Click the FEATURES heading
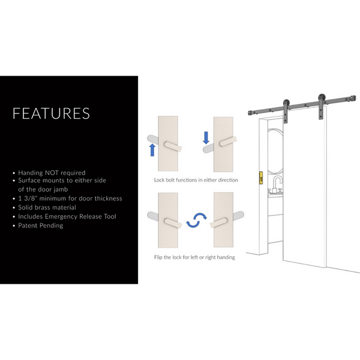click(x=51, y=113)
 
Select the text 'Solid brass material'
click(x=47, y=207)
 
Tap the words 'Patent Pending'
click(x=40, y=225)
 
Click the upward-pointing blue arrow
click(x=152, y=149)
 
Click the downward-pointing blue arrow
click(x=206, y=138)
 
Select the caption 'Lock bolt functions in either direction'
click(x=196, y=180)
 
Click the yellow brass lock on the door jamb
click(x=260, y=178)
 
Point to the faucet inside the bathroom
click(x=278, y=182)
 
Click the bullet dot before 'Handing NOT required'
click(x=14, y=173)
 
